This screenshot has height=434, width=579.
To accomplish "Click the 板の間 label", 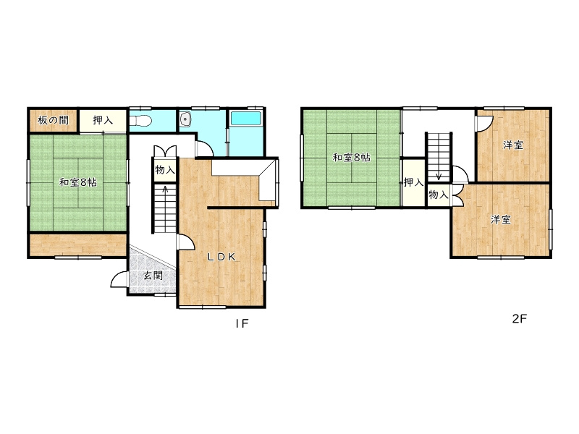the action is [x=53, y=120].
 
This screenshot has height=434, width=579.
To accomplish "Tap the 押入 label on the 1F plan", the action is [x=103, y=120].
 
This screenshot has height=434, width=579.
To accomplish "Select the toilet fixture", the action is [x=140, y=120].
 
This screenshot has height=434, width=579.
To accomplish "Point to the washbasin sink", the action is [x=185, y=119].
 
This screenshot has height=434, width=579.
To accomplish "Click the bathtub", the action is [x=246, y=118].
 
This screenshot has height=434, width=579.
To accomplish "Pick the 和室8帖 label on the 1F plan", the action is [x=78, y=182].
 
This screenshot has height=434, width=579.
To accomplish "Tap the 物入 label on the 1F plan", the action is [x=165, y=170].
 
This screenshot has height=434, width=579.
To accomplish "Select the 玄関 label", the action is [x=153, y=276].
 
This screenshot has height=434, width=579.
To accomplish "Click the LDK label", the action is [x=221, y=258].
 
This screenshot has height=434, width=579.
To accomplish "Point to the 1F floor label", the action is [x=242, y=323].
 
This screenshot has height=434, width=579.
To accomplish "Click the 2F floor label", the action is [x=519, y=318].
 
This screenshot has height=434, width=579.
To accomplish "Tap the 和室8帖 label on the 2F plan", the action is [x=352, y=158].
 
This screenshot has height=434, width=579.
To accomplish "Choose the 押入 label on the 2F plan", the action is [x=413, y=182].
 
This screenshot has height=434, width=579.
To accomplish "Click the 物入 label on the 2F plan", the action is [x=439, y=194].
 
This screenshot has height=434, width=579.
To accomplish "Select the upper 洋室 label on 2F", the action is [x=513, y=145].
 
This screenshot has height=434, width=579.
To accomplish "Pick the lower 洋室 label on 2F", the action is [x=501, y=220].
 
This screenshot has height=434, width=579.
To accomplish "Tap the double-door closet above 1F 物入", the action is [x=165, y=151].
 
